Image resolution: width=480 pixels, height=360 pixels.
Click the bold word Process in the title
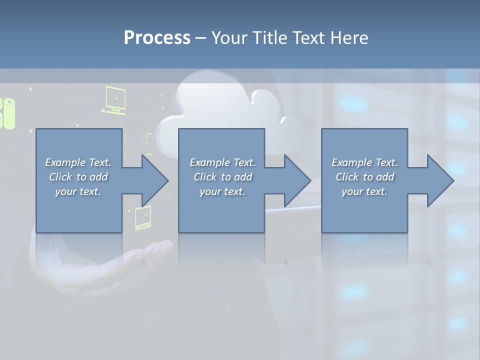157,38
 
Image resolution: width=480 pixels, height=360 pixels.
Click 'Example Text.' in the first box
78,162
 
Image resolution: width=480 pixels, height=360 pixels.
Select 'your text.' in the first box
78,191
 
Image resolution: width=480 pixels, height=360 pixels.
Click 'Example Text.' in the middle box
222,162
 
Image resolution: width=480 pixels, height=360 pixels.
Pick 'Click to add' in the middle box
222,177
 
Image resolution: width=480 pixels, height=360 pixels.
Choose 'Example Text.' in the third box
364,162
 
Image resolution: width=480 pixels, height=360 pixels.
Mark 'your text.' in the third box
364,191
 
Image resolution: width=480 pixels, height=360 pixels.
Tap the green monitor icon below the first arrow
143,217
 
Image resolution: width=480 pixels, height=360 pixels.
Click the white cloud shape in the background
225,107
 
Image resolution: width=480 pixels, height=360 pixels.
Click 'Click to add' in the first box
78,177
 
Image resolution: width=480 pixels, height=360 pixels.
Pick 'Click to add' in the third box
364,177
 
